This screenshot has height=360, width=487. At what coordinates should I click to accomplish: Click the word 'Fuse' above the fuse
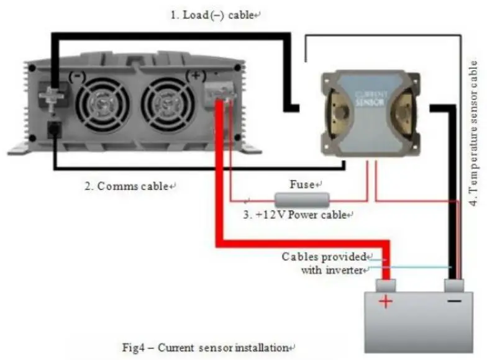305,184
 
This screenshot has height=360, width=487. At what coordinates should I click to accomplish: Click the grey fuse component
302,199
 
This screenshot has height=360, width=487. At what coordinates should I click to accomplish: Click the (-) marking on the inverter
77,76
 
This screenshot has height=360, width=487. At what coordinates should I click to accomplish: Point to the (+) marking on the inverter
196,76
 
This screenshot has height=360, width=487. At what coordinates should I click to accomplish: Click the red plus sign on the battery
386,302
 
